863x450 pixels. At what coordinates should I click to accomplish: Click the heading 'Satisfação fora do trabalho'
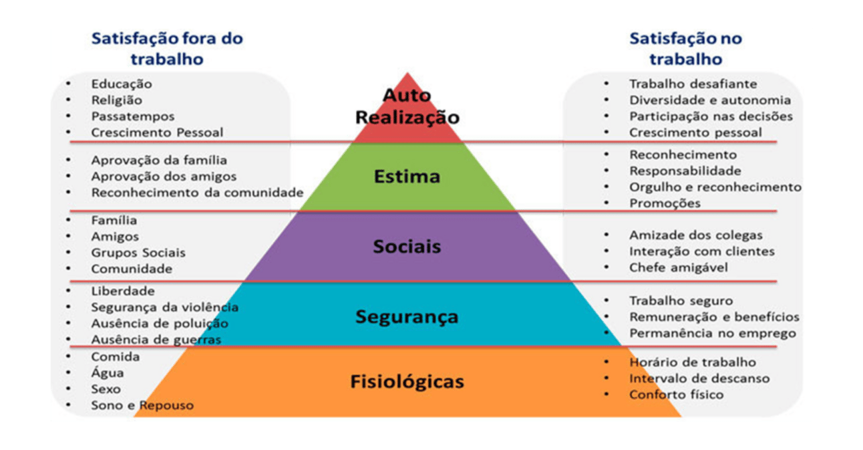click(x=167, y=49)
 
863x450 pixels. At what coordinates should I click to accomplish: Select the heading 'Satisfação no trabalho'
click(x=685, y=49)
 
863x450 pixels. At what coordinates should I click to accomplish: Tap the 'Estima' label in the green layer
click(x=407, y=177)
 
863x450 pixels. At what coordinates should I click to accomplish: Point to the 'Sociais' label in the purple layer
click(x=407, y=247)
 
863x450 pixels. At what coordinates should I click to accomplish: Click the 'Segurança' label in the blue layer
click(x=407, y=316)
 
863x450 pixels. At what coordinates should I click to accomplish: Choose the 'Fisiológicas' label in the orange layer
click(x=407, y=382)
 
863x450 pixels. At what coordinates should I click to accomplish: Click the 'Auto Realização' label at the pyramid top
click(x=407, y=107)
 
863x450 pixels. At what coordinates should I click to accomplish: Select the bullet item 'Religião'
click(x=117, y=100)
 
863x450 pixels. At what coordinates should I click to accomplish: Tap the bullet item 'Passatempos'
click(x=133, y=116)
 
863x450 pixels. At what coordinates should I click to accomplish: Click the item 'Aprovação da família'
click(x=159, y=160)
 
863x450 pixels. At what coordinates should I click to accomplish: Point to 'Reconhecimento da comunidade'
click(x=197, y=193)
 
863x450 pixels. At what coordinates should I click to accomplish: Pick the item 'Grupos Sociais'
click(x=138, y=253)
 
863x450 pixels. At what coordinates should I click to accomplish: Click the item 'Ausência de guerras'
click(x=156, y=340)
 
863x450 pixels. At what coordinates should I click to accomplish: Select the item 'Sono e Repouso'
click(x=142, y=405)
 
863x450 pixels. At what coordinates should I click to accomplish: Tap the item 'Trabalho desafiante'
click(x=693, y=84)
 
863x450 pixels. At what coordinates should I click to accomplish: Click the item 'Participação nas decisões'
click(x=711, y=116)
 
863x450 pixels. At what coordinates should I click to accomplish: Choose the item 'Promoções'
click(x=665, y=203)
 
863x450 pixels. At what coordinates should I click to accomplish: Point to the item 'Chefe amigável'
click(x=679, y=268)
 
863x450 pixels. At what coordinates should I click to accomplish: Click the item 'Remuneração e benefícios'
click(x=714, y=317)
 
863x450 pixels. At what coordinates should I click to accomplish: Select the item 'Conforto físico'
click(x=676, y=395)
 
